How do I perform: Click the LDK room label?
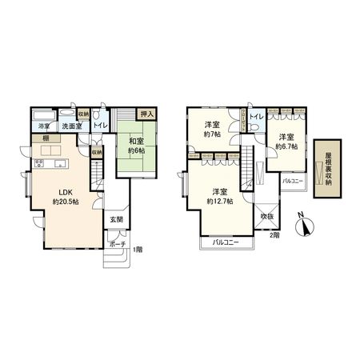point(62,192)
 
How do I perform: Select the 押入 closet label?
point(146,115)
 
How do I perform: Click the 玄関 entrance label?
point(116,219)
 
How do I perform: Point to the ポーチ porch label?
point(117,245)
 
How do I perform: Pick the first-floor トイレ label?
point(100,126)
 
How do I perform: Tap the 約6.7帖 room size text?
point(286,147)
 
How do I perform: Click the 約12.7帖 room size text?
point(221,201)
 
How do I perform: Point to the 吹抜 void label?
point(266,217)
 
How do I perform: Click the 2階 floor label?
point(274,235)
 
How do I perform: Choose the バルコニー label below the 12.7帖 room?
point(226,241)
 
